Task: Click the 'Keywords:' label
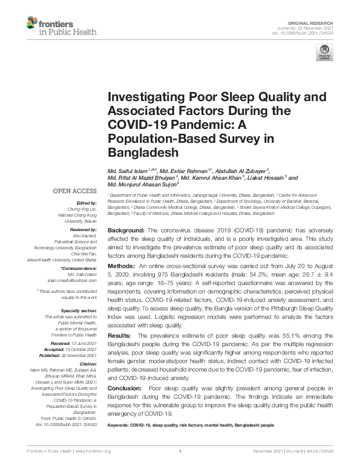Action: pos(118,425)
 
